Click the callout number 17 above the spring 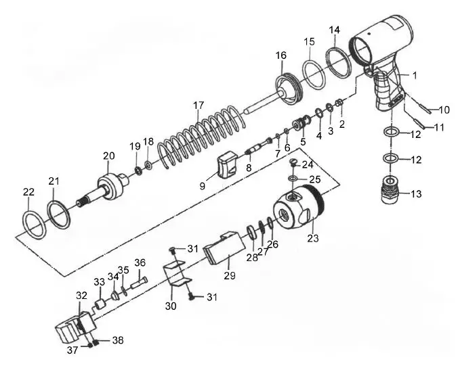point(198,106)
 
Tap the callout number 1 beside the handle point(415,75)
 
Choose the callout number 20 point(108,156)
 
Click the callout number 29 point(229,276)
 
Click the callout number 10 point(444,110)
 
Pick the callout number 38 point(118,341)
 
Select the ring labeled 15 point(312,72)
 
